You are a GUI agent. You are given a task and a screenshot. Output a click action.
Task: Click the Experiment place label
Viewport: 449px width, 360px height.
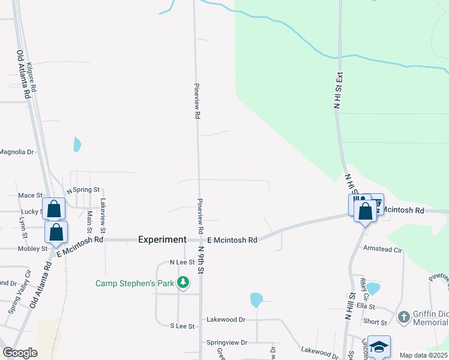[162, 239]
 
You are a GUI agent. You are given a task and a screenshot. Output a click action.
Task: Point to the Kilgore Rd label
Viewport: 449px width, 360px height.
[32, 77]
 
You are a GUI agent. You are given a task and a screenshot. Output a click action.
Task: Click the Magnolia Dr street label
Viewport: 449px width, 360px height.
[17, 152]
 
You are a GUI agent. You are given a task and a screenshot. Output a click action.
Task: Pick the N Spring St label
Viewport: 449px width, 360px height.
[83, 190]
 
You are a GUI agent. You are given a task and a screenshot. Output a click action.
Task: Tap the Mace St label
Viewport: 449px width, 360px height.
[30, 196]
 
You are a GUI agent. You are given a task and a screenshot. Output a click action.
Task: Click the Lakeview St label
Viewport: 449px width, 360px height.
[103, 216]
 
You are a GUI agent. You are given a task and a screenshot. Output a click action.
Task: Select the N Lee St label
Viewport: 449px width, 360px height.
[182, 262]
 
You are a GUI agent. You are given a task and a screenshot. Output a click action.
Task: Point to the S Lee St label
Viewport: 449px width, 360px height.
[182, 326]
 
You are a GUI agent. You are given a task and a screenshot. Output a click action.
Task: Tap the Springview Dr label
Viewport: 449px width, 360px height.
[227, 343]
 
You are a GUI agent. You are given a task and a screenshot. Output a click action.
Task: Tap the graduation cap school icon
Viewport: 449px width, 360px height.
[379, 346]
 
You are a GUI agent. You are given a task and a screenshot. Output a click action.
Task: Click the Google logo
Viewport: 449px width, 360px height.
[20, 353]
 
